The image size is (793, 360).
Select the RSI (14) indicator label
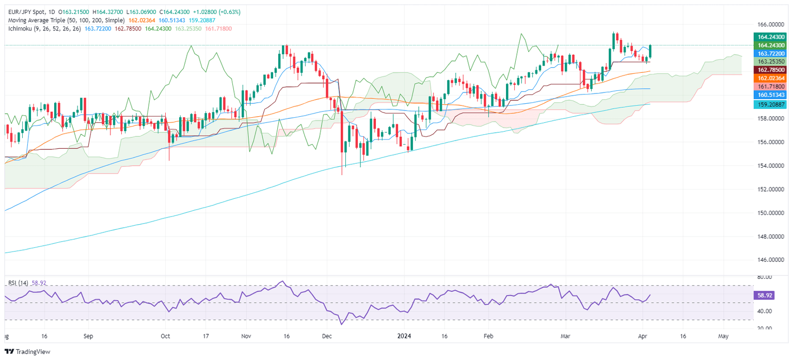18,283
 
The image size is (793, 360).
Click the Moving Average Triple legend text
66,20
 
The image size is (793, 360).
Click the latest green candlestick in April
651,51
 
